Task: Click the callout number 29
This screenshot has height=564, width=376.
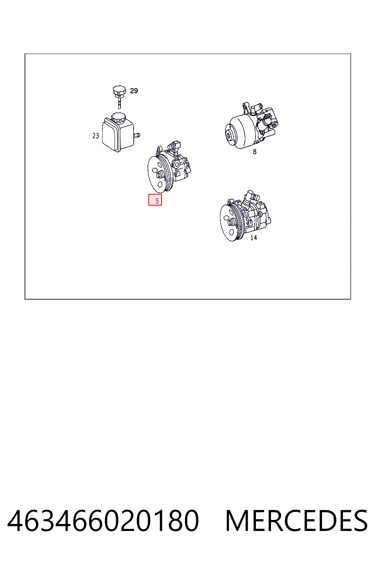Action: pyautogui.click(x=134, y=91)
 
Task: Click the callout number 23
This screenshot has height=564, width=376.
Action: pyautogui.click(x=96, y=136)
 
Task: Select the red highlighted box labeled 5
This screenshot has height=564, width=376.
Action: pyautogui.click(x=155, y=200)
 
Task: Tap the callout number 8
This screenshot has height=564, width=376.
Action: pyautogui.click(x=254, y=152)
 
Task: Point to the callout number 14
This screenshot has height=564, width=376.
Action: pyautogui.click(x=254, y=238)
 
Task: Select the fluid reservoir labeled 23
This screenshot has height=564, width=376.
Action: pyautogui.click(x=120, y=133)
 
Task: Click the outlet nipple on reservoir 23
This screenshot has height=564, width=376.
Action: pyautogui.click(x=137, y=135)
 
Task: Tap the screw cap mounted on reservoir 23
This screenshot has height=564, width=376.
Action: pyautogui.click(x=118, y=117)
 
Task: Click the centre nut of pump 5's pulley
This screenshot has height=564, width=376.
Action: pyautogui.click(x=159, y=174)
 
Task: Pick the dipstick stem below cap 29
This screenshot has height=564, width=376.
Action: pyautogui.click(x=119, y=103)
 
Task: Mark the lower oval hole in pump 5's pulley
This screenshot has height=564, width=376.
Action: pyautogui.click(x=159, y=185)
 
